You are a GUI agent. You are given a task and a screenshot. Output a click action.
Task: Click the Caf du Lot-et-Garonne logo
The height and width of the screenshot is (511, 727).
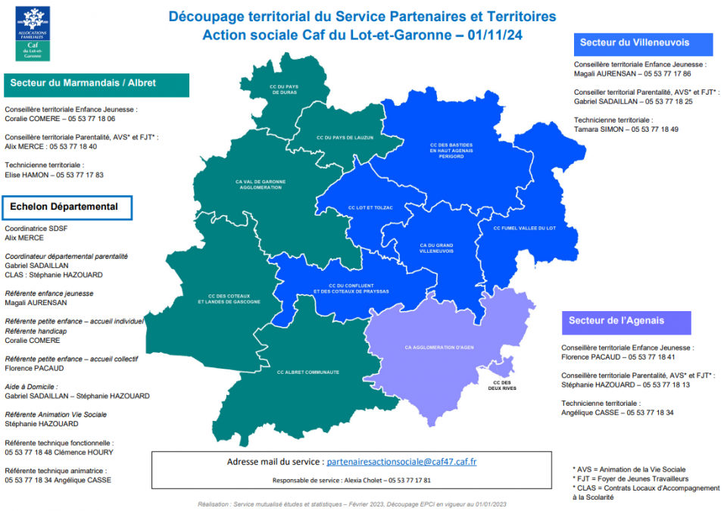pos(33,33)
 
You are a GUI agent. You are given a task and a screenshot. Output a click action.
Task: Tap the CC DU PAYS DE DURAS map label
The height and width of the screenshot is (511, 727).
pos(284,89)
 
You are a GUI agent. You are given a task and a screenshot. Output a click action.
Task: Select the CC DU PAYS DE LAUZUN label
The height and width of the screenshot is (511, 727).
pos(345,138)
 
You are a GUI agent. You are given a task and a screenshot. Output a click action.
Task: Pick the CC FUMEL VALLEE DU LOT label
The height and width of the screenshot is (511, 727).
pos(524,228)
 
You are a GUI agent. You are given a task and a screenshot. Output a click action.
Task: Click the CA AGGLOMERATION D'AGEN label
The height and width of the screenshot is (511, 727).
pos(439,347)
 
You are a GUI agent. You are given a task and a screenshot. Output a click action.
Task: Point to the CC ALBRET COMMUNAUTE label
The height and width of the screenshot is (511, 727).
pos(307,372)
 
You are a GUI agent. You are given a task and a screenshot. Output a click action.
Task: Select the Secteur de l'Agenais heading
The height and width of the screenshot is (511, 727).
pos(615,321)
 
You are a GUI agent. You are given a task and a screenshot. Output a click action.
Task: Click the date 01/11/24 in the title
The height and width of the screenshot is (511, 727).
pos(495,35)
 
